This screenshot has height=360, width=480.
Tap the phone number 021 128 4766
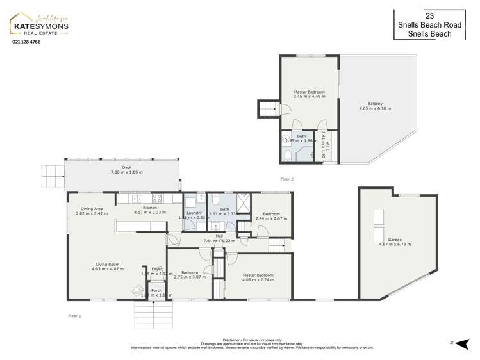pos(26,42)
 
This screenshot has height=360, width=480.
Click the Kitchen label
pos(149,208)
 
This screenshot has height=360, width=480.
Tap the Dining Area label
pos(92,208)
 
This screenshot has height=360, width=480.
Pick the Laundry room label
pos(194,213)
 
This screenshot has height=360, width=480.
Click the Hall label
pos(219,236)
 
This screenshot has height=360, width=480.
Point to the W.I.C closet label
pos(324,145)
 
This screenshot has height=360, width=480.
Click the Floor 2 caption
pos(286,179)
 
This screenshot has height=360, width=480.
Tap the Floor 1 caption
pos(74,316)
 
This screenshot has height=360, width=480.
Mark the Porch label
pos(156,290)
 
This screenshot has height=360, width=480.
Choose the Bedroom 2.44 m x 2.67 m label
pos(271,214)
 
